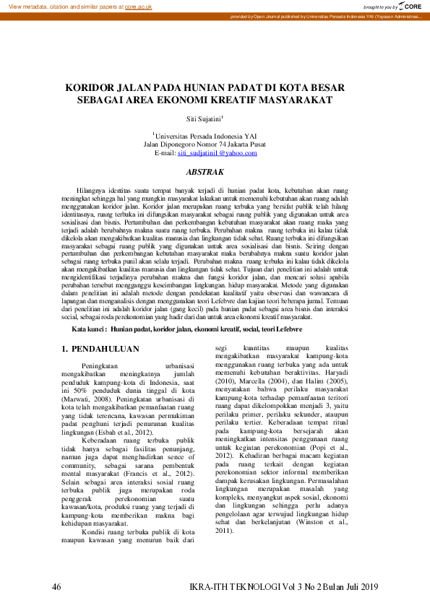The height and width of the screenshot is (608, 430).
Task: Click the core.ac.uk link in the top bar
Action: coord(138,6)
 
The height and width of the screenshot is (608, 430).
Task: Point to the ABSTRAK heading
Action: coord(205,172)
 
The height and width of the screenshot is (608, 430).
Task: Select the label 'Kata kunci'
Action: coord(89,329)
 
